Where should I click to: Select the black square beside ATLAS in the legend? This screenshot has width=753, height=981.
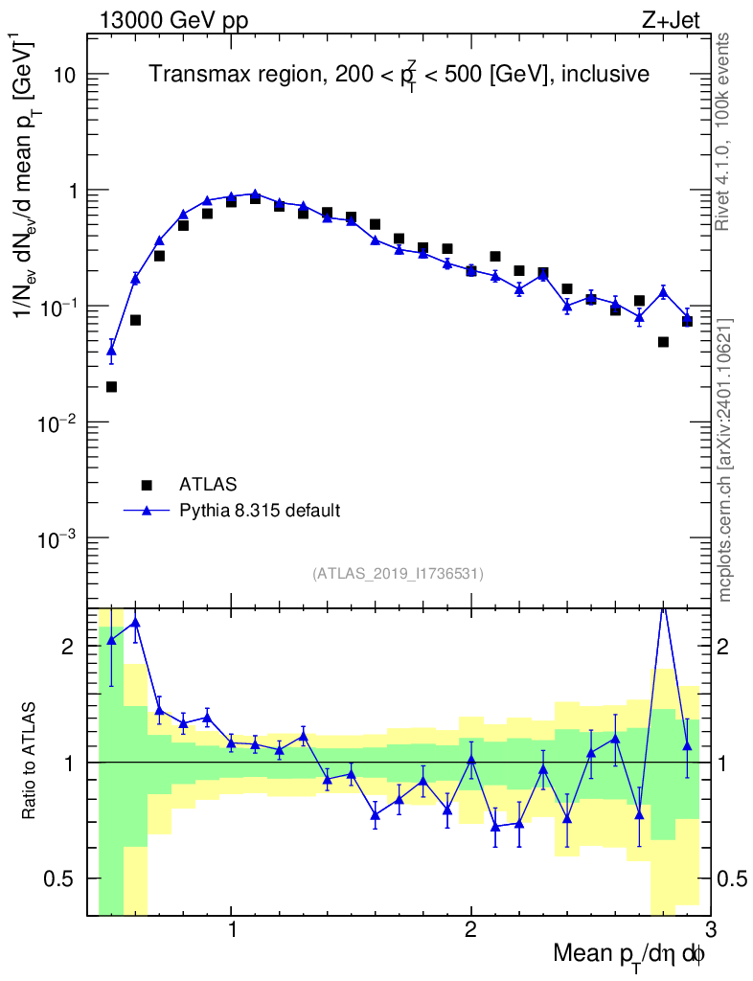147,485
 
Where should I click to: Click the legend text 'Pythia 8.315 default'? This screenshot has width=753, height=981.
259,511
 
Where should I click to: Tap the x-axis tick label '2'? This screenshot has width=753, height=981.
470,932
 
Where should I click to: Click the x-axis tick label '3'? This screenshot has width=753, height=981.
710,932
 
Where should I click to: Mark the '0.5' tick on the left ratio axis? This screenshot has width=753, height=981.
64,878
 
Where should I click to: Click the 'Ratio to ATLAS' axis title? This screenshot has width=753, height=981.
31,762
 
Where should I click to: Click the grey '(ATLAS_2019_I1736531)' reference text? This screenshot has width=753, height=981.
398,574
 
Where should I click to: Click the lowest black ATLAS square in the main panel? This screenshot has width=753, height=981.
111,387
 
